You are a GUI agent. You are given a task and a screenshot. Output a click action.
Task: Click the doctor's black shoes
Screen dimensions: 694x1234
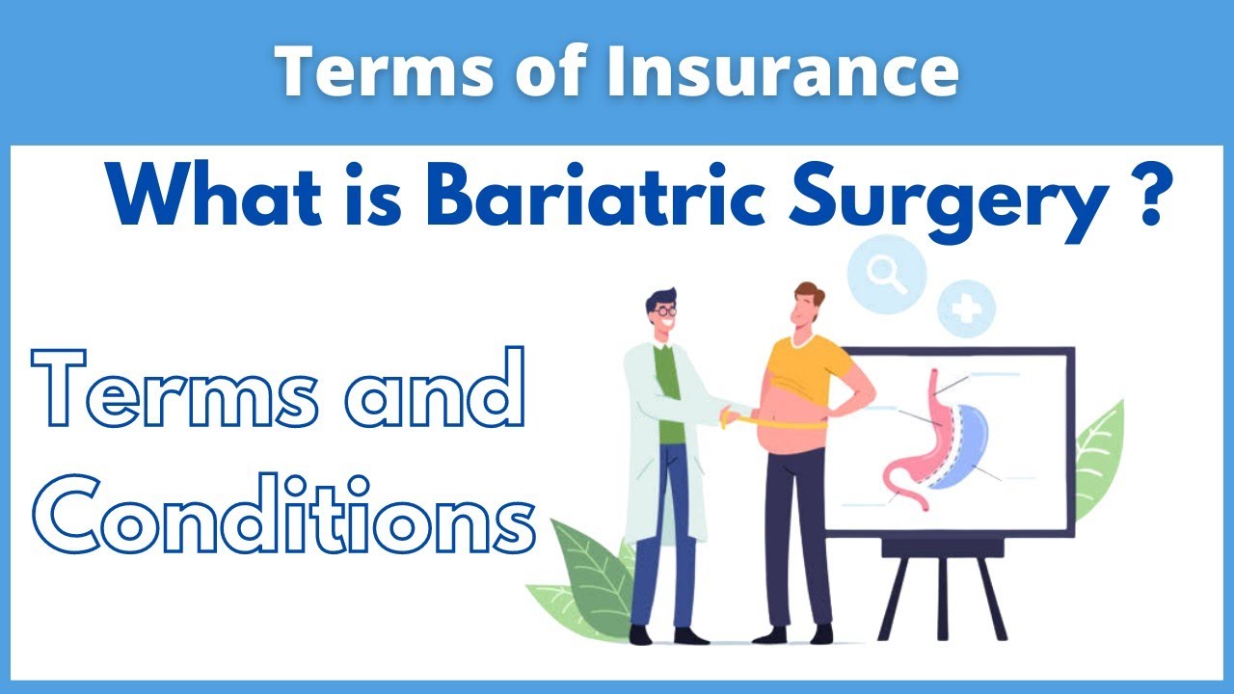pyautogui.click(x=665, y=635)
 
